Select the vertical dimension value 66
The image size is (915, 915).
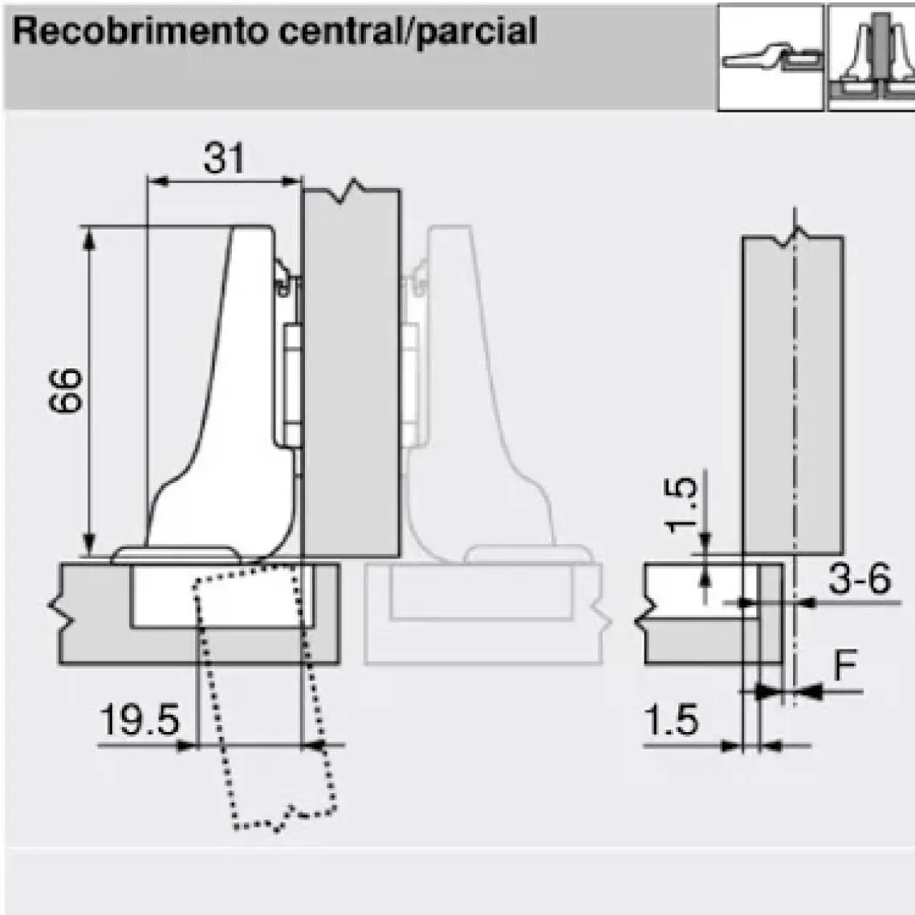pyautogui.click(x=65, y=391)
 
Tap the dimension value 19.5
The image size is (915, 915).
pyautogui.click(x=140, y=719)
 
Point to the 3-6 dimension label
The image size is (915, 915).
pyautogui.click(x=860, y=579)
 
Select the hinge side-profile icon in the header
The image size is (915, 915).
pyautogui.click(x=771, y=58)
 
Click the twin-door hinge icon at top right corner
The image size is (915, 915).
pyautogui.click(x=871, y=58)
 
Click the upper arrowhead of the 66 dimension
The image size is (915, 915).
pyautogui.click(x=89, y=239)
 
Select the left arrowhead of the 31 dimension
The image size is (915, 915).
pyautogui.click(x=157, y=181)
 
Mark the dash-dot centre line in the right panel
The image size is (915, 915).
pyautogui.click(x=795, y=455)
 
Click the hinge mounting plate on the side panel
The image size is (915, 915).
pyautogui.click(x=292, y=385)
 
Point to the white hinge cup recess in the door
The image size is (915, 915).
pyautogui.click(x=222, y=596)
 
